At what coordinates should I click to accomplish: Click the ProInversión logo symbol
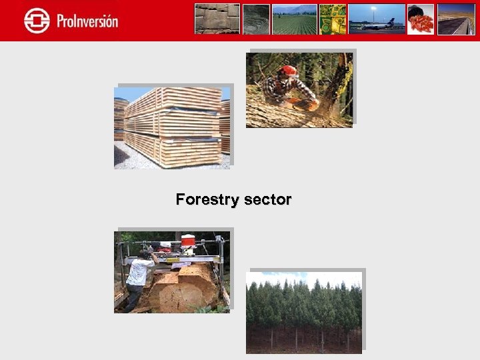pyautogui.click(x=36, y=20)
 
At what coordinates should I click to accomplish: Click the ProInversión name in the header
pyautogui.click(x=87, y=21)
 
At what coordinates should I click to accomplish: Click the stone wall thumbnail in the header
pyautogui.click(x=217, y=19)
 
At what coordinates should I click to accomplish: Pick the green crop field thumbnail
pyautogui.click(x=294, y=19)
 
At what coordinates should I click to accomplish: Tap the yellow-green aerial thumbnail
pyautogui.click(x=333, y=19)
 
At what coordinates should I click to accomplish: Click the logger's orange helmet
pyautogui.click(x=288, y=71)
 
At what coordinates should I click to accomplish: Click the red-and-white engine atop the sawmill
pyautogui.click(x=187, y=241)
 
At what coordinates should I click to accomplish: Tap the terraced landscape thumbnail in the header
pyautogui.click(x=256, y=19)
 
